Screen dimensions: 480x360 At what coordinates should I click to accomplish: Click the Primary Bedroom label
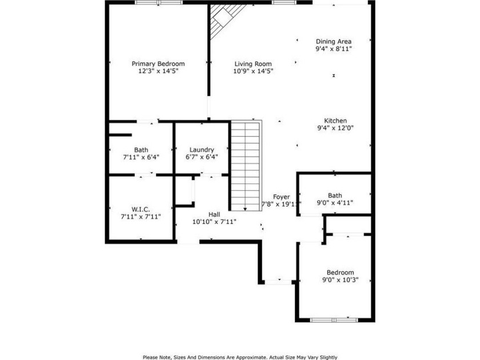pyautogui.click(x=158, y=63)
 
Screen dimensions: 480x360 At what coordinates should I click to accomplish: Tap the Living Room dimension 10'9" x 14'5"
pyautogui.click(x=253, y=71)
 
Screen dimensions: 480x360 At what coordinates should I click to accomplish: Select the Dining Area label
pyautogui.click(x=334, y=41)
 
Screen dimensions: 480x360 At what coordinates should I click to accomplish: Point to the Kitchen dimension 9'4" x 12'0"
pyautogui.click(x=335, y=128)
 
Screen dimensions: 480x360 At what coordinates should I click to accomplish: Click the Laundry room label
pyautogui.click(x=202, y=150)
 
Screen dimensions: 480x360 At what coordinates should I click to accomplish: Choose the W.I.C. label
pyautogui.click(x=141, y=210)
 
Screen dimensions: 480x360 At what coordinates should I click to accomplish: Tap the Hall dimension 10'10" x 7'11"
pyautogui.click(x=214, y=222)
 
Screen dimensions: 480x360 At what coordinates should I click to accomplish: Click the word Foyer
pyautogui.click(x=281, y=197)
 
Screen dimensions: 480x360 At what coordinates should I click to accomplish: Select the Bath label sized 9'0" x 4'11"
pyautogui.click(x=335, y=195)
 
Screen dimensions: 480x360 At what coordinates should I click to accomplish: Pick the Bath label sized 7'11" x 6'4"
pyautogui.click(x=141, y=150)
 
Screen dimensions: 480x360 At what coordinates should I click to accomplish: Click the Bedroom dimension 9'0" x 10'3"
pyautogui.click(x=341, y=280)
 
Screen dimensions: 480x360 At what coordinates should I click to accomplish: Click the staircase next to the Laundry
pyautogui.click(x=246, y=166)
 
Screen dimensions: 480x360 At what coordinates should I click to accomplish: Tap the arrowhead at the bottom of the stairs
pyautogui.click(x=245, y=209)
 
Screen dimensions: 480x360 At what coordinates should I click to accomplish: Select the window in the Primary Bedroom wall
pyautogui.click(x=159, y=2)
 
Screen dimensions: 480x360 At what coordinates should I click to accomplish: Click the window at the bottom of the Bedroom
pyautogui.click(x=334, y=320)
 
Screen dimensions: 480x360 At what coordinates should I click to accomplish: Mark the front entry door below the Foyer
pyautogui.click(x=278, y=282)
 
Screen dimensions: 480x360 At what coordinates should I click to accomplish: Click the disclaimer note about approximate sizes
pyautogui.click(x=240, y=357)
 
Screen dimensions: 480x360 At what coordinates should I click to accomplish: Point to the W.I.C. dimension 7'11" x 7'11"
pyautogui.click(x=141, y=217)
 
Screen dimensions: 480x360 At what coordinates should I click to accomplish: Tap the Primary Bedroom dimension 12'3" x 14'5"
pyautogui.click(x=158, y=71)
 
